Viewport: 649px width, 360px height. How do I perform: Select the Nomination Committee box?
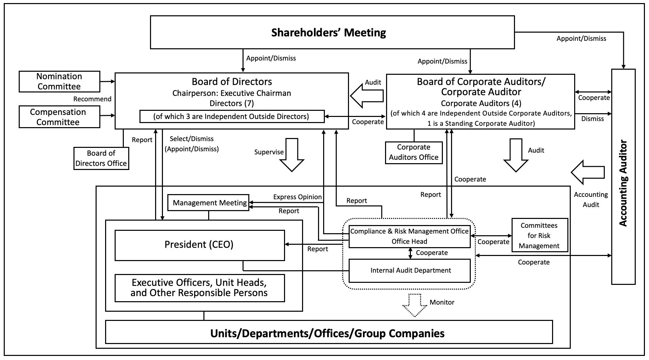pyautogui.click(x=60, y=82)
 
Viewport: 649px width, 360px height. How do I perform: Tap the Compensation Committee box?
pyautogui.click(x=60, y=117)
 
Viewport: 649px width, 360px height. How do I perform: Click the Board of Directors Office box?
pyautogui.click(x=101, y=158)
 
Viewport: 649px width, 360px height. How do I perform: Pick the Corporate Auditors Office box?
pyautogui.click(x=414, y=153)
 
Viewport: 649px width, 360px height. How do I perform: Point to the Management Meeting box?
pyautogui.click(x=209, y=203)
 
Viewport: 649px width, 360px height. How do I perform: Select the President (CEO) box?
pyautogui.click(x=199, y=245)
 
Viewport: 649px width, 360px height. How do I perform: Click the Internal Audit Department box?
pyautogui.click(x=410, y=271)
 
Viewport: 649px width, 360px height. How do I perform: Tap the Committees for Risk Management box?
pyautogui.click(x=539, y=235)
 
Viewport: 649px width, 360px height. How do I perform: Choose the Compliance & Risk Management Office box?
pyautogui.click(x=410, y=236)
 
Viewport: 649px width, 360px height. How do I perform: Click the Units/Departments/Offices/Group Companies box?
pyautogui.click(x=329, y=332)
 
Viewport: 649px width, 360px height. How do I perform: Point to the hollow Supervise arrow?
pyautogui.click(x=292, y=154)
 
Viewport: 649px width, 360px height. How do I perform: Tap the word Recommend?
pyautogui.click(x=92, y=99)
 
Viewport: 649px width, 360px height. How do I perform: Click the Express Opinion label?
pyautogui.click(x=297, y=197)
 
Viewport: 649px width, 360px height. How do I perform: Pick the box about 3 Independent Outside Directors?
pyautogui.click(x=232, y=116)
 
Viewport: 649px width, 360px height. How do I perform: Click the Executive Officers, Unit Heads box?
pyautogui.click(x=199, y=288)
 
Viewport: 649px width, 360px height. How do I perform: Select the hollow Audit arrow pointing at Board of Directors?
pyautogui.click(x=367, y=96)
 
